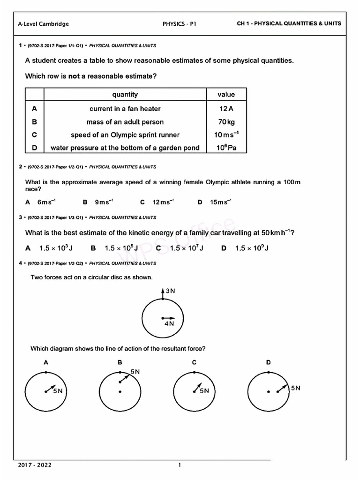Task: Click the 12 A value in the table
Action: [226, 109]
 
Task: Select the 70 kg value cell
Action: [226, 122]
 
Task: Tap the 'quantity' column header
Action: [125, 95]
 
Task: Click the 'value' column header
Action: [226, 95]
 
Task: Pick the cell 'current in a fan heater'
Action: [125, 109]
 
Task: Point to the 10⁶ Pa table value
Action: [226, 148]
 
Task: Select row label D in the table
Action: [34, 148]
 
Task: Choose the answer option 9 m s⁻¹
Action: [104, 202]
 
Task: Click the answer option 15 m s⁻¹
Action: [220, 202]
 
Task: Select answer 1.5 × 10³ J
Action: [56, 248]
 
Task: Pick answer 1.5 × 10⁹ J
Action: [252, 248]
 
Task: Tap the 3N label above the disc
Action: [170, 291]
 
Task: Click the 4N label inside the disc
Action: [169, 323]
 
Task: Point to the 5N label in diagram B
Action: [135, 372]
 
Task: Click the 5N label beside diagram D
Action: [295, 388]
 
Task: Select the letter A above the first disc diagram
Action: [45, 362]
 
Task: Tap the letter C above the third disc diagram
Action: [194, 362]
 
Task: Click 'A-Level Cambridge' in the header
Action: [43, 24]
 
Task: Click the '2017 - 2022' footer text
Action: [35, 465]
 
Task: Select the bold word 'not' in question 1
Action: [74, 76]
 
